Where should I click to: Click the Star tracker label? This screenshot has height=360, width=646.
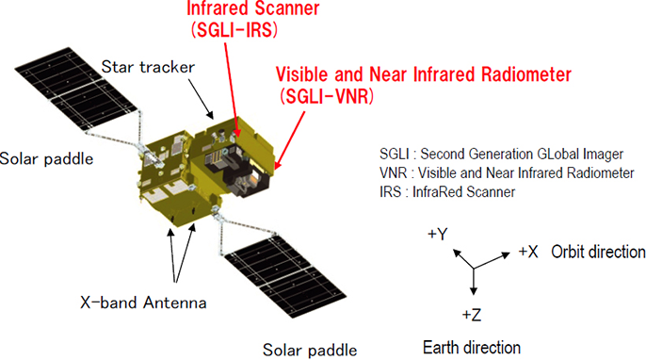click(x=148, y=67)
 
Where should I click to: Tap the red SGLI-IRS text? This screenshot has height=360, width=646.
click(x=234, y=30)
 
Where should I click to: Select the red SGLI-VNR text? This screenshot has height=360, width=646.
click(x=327, y=96)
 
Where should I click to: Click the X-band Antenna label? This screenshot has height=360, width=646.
click(x=143, y=303)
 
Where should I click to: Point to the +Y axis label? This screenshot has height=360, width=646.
click(x=438, y=234)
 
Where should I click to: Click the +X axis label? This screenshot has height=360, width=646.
click(x=527, y=251)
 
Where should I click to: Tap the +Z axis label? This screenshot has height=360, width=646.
click(x=471, y=315)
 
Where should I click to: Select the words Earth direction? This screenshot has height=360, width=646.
click(x=472, y=347)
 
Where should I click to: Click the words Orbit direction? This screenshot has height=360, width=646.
click(x=598, y=252)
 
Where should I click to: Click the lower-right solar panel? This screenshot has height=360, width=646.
click(x=285, y=275)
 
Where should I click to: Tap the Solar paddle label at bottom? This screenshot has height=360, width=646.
click(x=310, y=350)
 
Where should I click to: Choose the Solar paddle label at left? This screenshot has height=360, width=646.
click(x=46, y=158)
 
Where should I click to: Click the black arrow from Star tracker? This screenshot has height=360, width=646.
click(x=202, y=99)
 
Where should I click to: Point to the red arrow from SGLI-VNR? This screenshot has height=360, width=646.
click(x=290, y=140)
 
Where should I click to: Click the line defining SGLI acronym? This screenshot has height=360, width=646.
click(x=501, y=154)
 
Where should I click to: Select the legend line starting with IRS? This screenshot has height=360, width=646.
click(x=447, y=191)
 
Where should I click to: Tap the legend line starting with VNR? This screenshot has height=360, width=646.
click(x=507, y=172)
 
